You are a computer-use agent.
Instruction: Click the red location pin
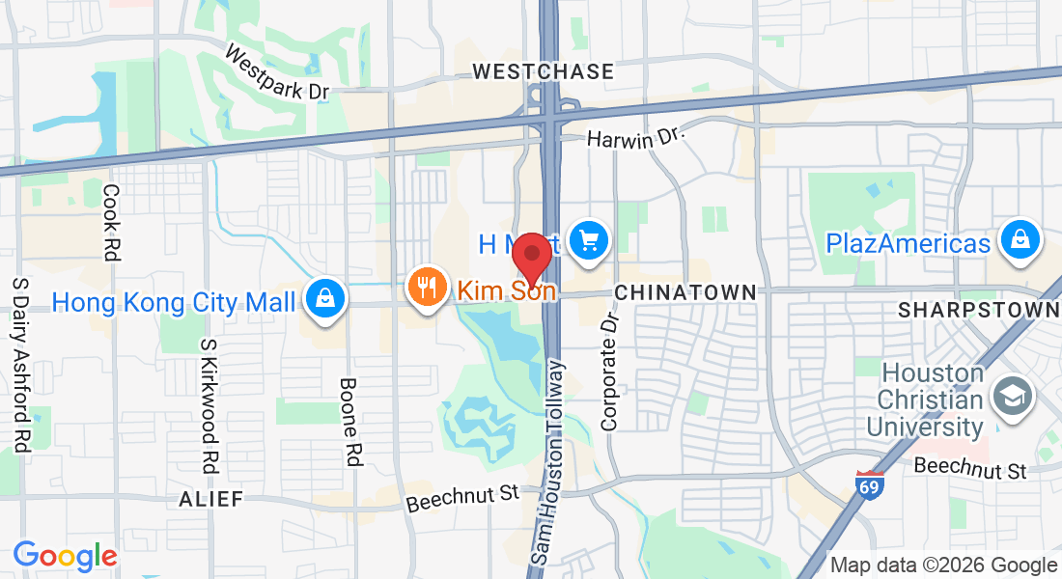(531, 255)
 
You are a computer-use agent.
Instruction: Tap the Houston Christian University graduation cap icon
(1014, 396)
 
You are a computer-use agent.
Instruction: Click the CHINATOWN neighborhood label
(685, 291)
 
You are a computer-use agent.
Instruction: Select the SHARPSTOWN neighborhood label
(979, 310)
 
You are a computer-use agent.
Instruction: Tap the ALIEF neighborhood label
(210, 499)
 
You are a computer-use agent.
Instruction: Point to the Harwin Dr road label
(635, 139)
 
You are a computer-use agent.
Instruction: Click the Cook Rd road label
(111, 222)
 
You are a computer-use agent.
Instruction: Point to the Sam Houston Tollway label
(547, 461)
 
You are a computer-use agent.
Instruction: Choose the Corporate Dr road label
(609, 371)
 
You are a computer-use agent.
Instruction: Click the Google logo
(65, 556)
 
